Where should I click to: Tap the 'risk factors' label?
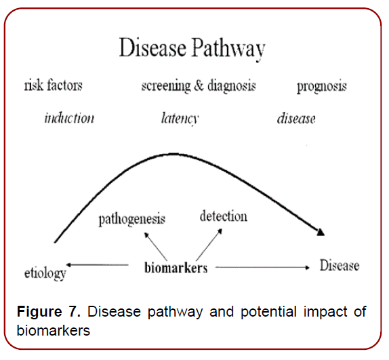(53, 86)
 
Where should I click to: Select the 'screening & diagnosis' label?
(198, 86)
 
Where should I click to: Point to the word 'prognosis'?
(322, 86)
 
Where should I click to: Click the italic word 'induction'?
(69, 118)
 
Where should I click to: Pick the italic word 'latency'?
(180, 119)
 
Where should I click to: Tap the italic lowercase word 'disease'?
(296, 118)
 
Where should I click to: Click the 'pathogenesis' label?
(131, 218)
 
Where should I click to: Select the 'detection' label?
(224, 216)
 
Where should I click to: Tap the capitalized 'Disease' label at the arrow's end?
(340, 265)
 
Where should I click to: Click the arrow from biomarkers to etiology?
(98, 266)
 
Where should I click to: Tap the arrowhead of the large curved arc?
(321, 233)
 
